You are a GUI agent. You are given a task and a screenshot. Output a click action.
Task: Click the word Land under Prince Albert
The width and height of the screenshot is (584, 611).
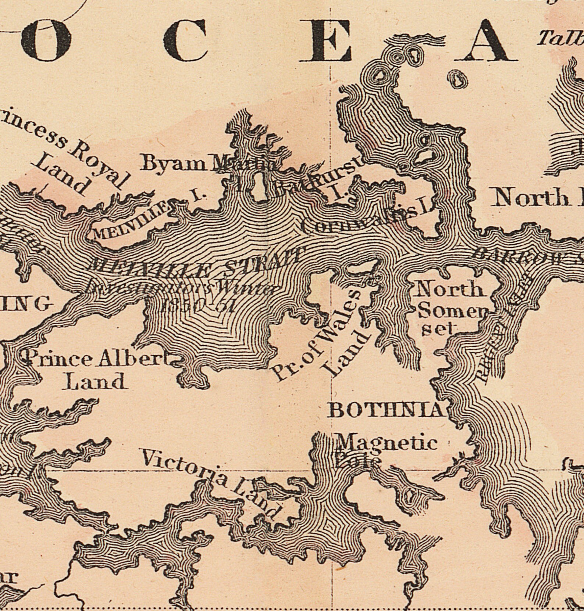[x=95, y=382]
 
